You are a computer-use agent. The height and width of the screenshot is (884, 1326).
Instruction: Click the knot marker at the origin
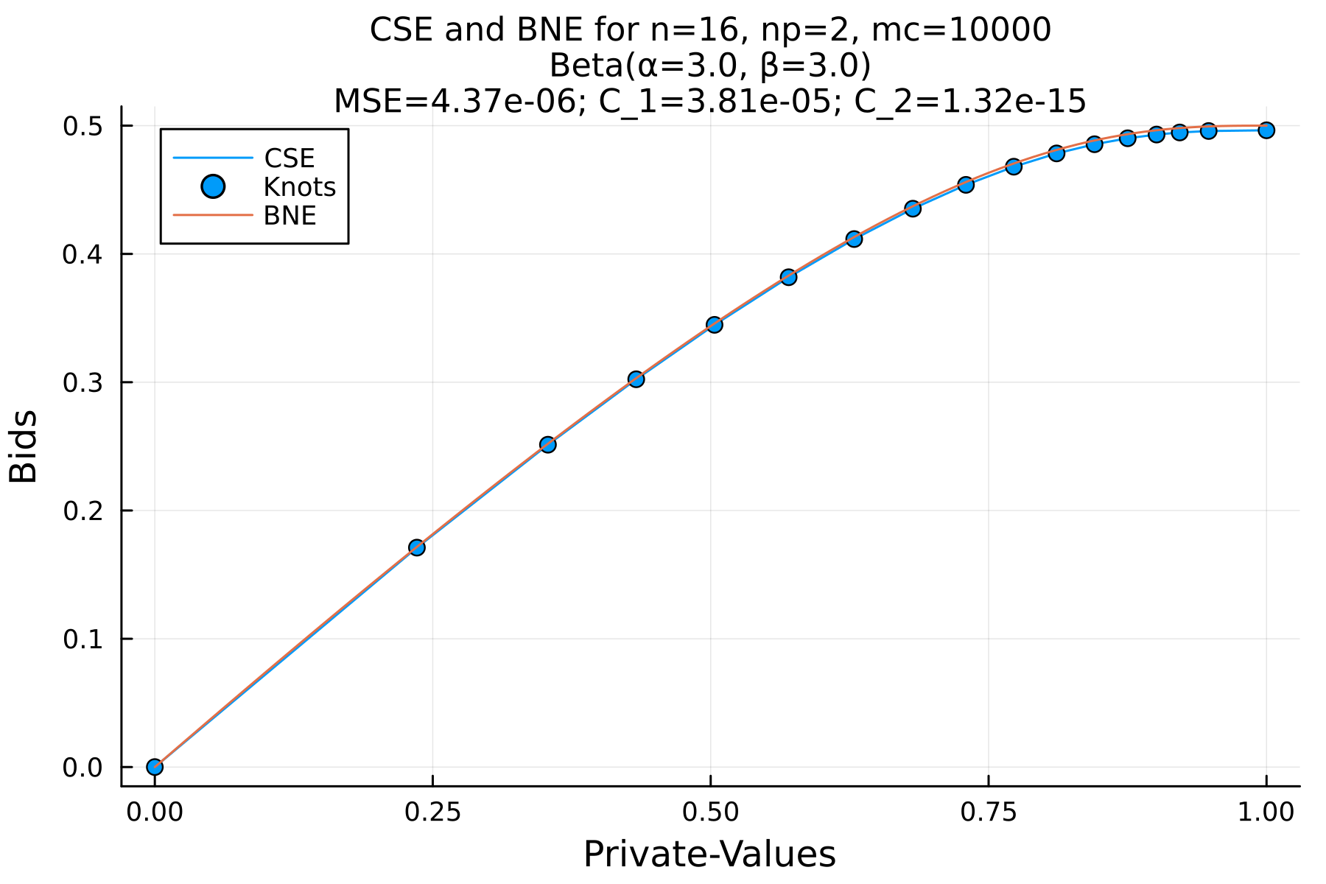(x=155, y=767)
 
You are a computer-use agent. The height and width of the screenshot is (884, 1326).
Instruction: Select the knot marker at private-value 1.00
(x=1266, y=130)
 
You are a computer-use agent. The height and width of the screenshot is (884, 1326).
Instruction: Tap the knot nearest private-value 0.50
(x=714, y=324)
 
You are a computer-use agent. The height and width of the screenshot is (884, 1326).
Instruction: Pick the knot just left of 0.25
(x=416, y=547)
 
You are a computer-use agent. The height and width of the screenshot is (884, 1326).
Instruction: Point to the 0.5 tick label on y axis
(x=83, y=127)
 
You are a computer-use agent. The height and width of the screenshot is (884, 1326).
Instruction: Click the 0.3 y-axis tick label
(x=83, y=382)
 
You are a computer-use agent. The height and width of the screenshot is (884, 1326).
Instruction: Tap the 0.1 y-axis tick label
(x=83, y=639)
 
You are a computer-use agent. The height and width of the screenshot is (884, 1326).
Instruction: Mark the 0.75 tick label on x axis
(x=988, y=812)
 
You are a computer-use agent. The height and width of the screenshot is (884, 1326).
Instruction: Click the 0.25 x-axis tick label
(x=432, y=812)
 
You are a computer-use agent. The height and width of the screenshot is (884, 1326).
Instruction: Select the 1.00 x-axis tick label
(x=1266, y=812)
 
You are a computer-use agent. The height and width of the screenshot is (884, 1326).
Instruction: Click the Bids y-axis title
(x=24, y=446)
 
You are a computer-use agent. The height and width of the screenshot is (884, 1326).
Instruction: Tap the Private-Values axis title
(x=709, y=855)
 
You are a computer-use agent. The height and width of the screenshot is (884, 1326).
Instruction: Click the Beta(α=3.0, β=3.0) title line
(x=710, y=66)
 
